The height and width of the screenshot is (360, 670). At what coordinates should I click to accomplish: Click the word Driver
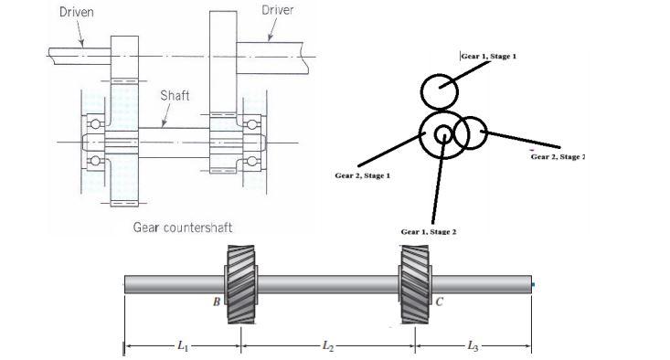click(278, 10)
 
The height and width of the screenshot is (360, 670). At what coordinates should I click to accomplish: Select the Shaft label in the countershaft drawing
click(175, 96)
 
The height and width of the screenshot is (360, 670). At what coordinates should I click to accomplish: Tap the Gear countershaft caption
click(189, 228)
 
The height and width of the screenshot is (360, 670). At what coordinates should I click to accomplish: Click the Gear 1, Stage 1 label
click(488, 57)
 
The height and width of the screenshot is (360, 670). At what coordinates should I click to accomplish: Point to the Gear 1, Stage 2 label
click(429, 232)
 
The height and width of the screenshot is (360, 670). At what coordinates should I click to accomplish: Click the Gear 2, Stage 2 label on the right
click(557, 157)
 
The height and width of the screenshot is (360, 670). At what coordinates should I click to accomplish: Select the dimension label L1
click(183, 345)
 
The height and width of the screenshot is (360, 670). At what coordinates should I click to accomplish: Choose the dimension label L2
click(327, 345)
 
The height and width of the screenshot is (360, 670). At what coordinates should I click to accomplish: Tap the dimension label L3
click(473, 345)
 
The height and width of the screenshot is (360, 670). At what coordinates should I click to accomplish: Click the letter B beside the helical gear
click(217, 302)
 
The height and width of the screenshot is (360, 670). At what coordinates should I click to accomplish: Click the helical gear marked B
click(240, 285)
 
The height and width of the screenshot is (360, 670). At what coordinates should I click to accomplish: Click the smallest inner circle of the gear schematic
click(442, 134)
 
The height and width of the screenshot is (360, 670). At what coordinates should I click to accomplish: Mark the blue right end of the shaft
click(532, 285)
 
